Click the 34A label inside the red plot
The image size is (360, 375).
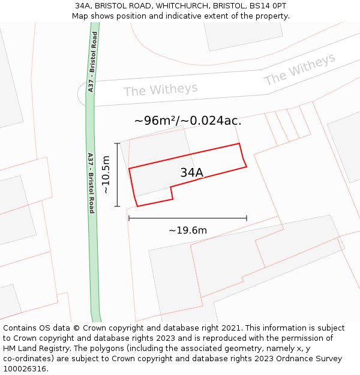[191, 173]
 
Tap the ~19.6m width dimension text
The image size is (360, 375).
[187, 230]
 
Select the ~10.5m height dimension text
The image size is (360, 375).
[106, 174]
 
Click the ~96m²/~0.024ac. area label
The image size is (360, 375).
[187, 121]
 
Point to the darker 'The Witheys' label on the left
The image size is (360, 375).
[160, 90]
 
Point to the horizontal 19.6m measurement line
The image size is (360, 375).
[187, 218]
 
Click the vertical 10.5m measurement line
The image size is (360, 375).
[117, 174]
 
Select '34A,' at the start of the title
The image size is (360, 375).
[83, 6]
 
